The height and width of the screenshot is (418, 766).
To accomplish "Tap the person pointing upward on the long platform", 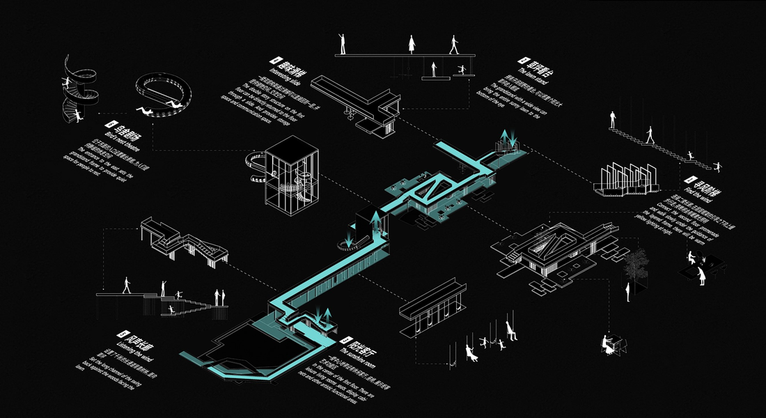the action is pyautogui.click(x=342, y=43).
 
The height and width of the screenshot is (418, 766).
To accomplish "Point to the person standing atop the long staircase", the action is pyautogui.click(x=613, y=119).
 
